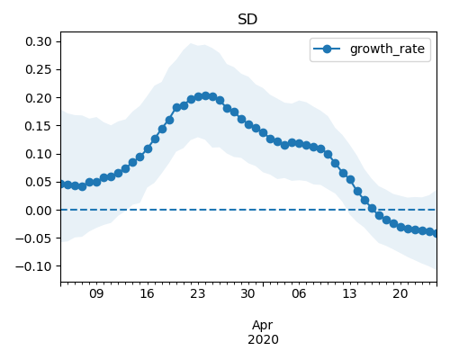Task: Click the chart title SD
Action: coord(247,20)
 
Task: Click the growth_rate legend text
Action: coord(387,49)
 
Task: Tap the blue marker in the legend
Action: coord(327,49)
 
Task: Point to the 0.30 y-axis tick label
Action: coord(39,41)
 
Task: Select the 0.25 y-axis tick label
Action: coord(39,69)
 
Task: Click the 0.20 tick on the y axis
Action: coord(39,98)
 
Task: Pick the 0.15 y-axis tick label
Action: coord(39,126)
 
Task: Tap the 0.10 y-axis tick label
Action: coord(39,154)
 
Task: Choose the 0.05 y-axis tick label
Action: coord(39,182)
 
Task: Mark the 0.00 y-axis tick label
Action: coord(39,211)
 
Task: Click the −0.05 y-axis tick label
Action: coord(33,238)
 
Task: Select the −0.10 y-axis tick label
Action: coord(33,266)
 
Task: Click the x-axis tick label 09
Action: coord(96,293)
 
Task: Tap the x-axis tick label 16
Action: coord(147,293)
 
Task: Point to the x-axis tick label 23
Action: coord(198,293)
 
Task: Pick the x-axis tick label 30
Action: coord(248,293)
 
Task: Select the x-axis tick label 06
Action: coord(299,293)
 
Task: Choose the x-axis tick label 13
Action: coord(349,293)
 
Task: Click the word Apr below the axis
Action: coord(263,326)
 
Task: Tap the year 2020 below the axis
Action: coord(263,339)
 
